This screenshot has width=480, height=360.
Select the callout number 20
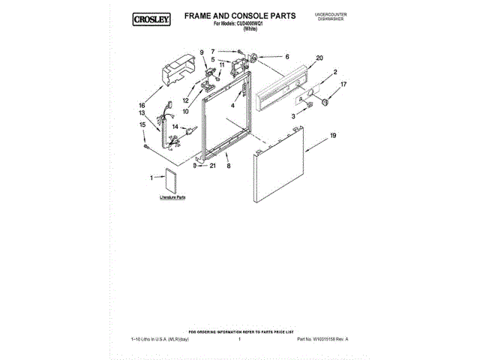coord(319,58)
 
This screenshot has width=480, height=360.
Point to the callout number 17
coord(343,85)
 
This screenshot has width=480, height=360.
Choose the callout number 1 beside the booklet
coord(151,178)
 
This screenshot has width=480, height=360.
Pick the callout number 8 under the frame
coord(229,163)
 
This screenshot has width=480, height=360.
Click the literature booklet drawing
coord(171,180)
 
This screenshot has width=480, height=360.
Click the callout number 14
coord(175,127)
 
